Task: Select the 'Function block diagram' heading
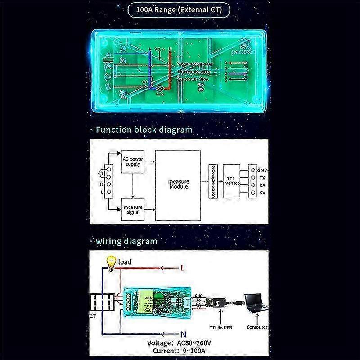[144, 130]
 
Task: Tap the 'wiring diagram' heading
[126, 241]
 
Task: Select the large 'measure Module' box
[178, 184]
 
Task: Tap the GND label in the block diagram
[263, 170]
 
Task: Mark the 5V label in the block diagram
[262, 193]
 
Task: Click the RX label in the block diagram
[262, 185]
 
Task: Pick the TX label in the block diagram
[262, 178]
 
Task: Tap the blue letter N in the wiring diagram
[183, 334]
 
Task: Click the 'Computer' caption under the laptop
[257, 327]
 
